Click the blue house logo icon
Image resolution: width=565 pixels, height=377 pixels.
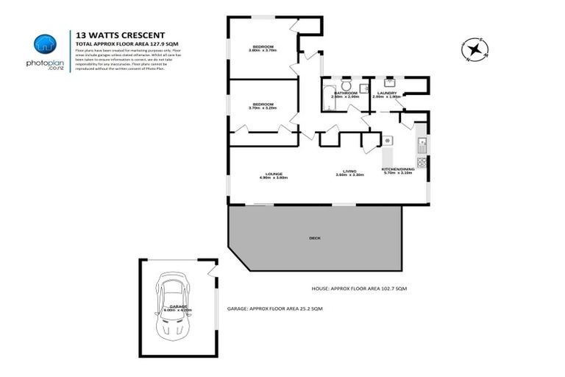(46, 43)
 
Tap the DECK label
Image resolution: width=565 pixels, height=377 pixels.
(314, 238)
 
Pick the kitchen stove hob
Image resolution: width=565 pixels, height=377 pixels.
(422, 162)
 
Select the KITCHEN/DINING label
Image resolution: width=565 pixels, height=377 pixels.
(397, 169)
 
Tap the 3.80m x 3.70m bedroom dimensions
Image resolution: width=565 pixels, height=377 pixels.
(263, 51)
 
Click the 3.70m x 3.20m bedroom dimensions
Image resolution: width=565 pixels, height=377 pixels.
(263, 108)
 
